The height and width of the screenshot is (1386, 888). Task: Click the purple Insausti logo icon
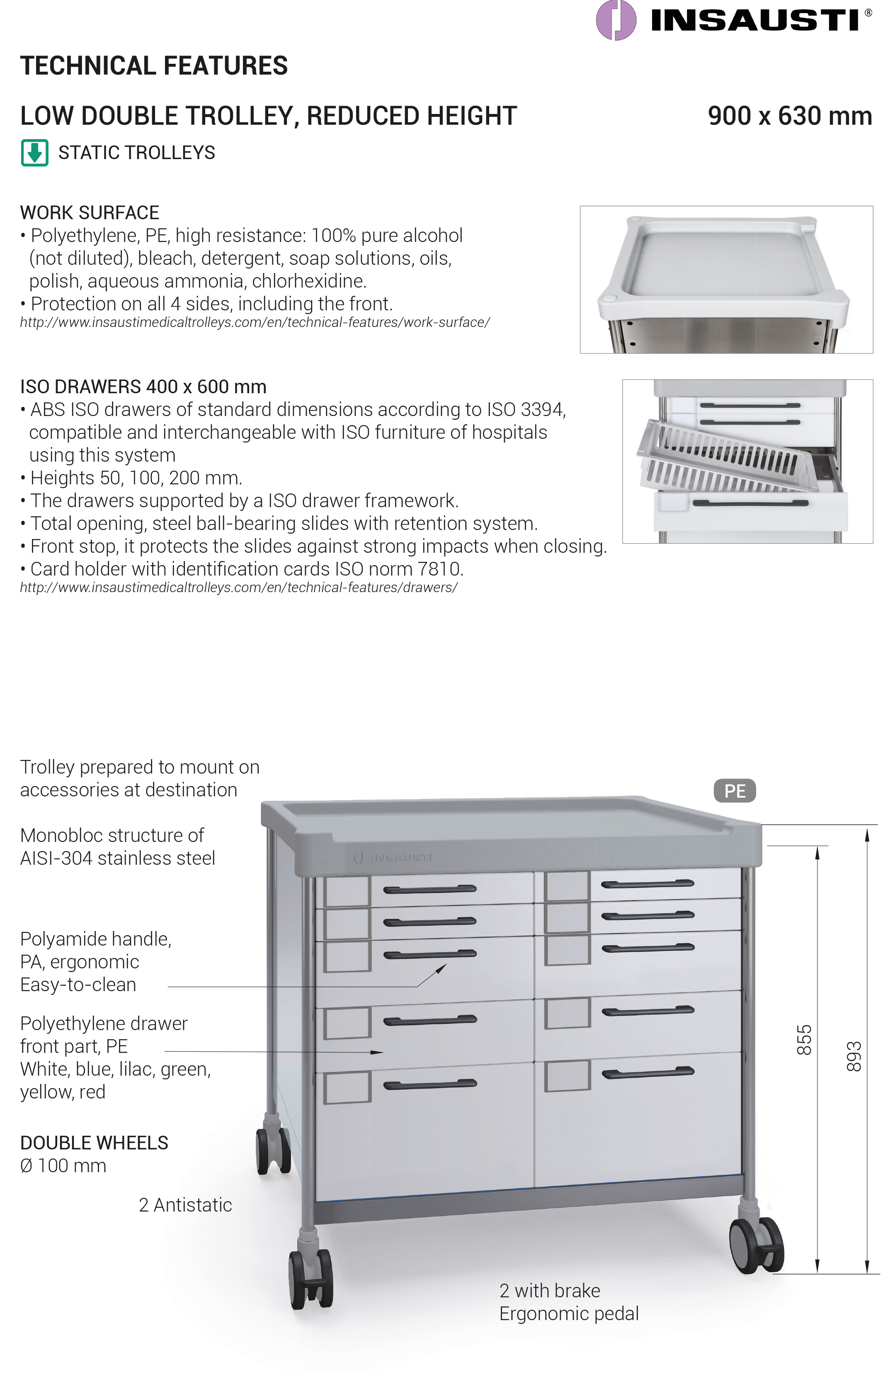coord(616,20)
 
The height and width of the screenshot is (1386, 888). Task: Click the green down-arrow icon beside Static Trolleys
coord(34,153)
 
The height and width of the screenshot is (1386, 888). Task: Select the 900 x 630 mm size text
coord(789,116)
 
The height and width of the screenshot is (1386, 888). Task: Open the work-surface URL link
coord(255,323)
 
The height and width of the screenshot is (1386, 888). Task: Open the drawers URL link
coord(239,588)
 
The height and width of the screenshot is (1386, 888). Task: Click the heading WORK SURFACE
coord(90,213)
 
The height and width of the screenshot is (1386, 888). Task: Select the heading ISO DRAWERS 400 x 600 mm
coord(143,387)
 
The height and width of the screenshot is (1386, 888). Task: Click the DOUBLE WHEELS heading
coord(94,1143)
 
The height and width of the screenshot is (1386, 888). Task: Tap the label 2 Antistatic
coord(185,1205)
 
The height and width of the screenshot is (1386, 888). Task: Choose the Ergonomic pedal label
coord(568,1313)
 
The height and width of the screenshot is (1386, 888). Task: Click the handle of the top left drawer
coord(429,889)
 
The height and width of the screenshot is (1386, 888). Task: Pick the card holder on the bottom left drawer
coord(347,1087)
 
